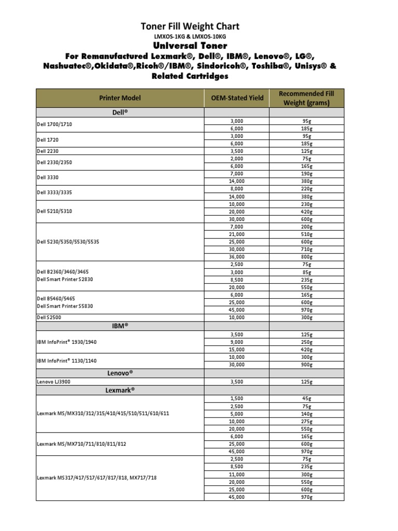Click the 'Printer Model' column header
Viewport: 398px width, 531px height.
click(120, 98)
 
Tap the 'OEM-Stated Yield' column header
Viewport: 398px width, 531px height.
click(237, 98)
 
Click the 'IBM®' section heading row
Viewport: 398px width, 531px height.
click(120, 326)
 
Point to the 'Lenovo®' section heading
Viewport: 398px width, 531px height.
click(120, 373)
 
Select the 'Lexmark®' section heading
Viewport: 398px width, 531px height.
click(120, 389)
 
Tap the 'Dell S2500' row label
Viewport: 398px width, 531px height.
click(50, 317)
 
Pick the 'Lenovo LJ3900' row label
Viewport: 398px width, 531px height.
click(54, 381)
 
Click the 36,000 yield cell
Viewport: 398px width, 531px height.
click(236, 257)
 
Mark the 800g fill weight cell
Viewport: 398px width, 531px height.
click(307, 257)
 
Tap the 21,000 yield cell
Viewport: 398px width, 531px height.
click(236, 234)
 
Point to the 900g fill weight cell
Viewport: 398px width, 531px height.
click(307, 365)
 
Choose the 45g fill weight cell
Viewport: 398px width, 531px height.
click(307, 399)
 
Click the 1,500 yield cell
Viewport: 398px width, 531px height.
click(236, 399)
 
